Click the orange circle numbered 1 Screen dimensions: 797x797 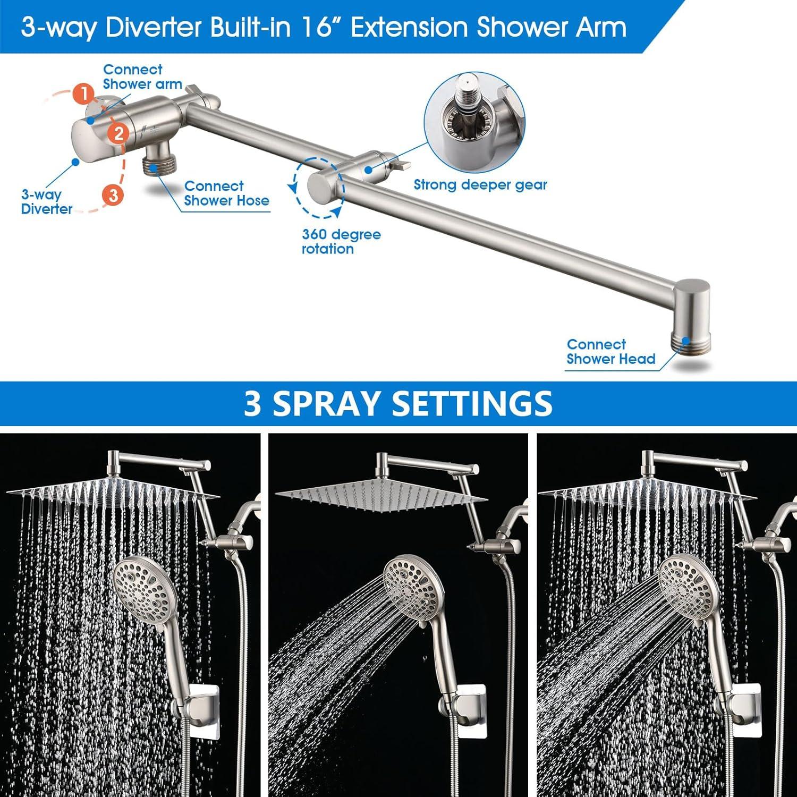[x=83, y=94]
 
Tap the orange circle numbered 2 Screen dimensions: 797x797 [x=118, y=133]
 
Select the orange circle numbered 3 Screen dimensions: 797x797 [x=113, y=195]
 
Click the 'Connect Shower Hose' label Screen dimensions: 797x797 [x=226, y=193]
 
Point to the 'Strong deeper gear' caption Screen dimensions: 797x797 [x=480, y=185]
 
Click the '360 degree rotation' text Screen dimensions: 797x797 [x=341, y=242]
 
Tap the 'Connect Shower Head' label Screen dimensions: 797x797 [x=611, y=352]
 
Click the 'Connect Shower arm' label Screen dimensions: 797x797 [x=142, y=77]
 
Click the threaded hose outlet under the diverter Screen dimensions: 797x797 [x=156, y=165]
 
